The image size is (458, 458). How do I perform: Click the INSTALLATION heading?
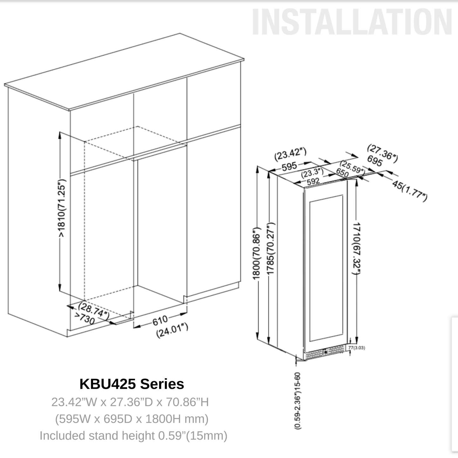coord(352,22)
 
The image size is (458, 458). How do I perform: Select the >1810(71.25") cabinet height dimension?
coord(62,208)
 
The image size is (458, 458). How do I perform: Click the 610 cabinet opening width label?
coord(160,320)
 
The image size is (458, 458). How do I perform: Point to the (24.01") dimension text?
coord(172,330)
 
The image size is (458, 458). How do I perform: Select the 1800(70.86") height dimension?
coord(256,253)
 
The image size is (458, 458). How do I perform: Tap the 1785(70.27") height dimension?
coord(271,248)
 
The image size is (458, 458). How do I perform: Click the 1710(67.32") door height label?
coord(356,248)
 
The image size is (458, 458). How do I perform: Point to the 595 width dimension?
coord(289,166)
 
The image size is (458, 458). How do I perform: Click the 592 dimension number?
coord(313,182)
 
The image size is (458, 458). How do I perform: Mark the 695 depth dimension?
coord(375,161)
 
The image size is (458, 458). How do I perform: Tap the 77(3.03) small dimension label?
coord(356,348)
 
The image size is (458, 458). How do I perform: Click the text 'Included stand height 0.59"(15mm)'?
coord(133,436)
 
